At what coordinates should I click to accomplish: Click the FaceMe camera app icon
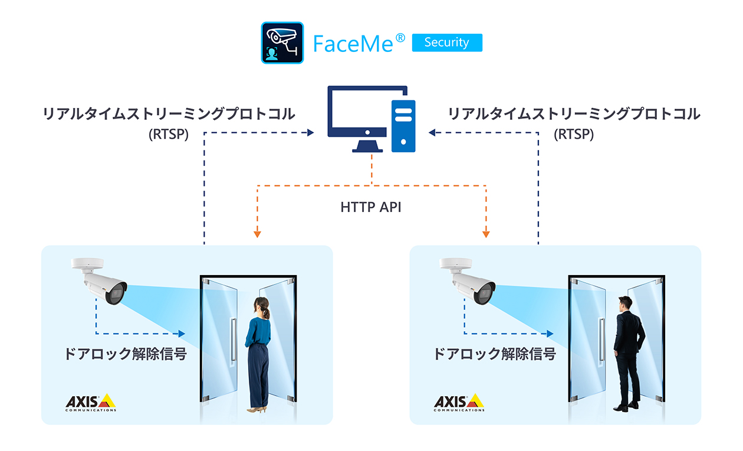coord(282,43)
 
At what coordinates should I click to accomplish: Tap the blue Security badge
coord(446,43)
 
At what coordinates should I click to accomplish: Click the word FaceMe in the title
coord(353,44)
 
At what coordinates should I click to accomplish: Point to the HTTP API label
coord(371,207)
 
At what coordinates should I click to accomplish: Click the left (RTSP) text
coord(169,135)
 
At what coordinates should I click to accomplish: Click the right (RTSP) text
coord(574,135)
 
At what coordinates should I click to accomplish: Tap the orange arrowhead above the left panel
coord(257,234)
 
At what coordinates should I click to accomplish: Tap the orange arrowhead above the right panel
coord(486,234)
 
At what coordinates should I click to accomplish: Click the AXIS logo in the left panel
coord(90,403)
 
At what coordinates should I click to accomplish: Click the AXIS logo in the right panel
coord(459,403)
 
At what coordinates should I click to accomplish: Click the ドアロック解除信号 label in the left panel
coord(126,354)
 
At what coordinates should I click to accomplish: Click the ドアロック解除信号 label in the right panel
coord(494,354)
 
